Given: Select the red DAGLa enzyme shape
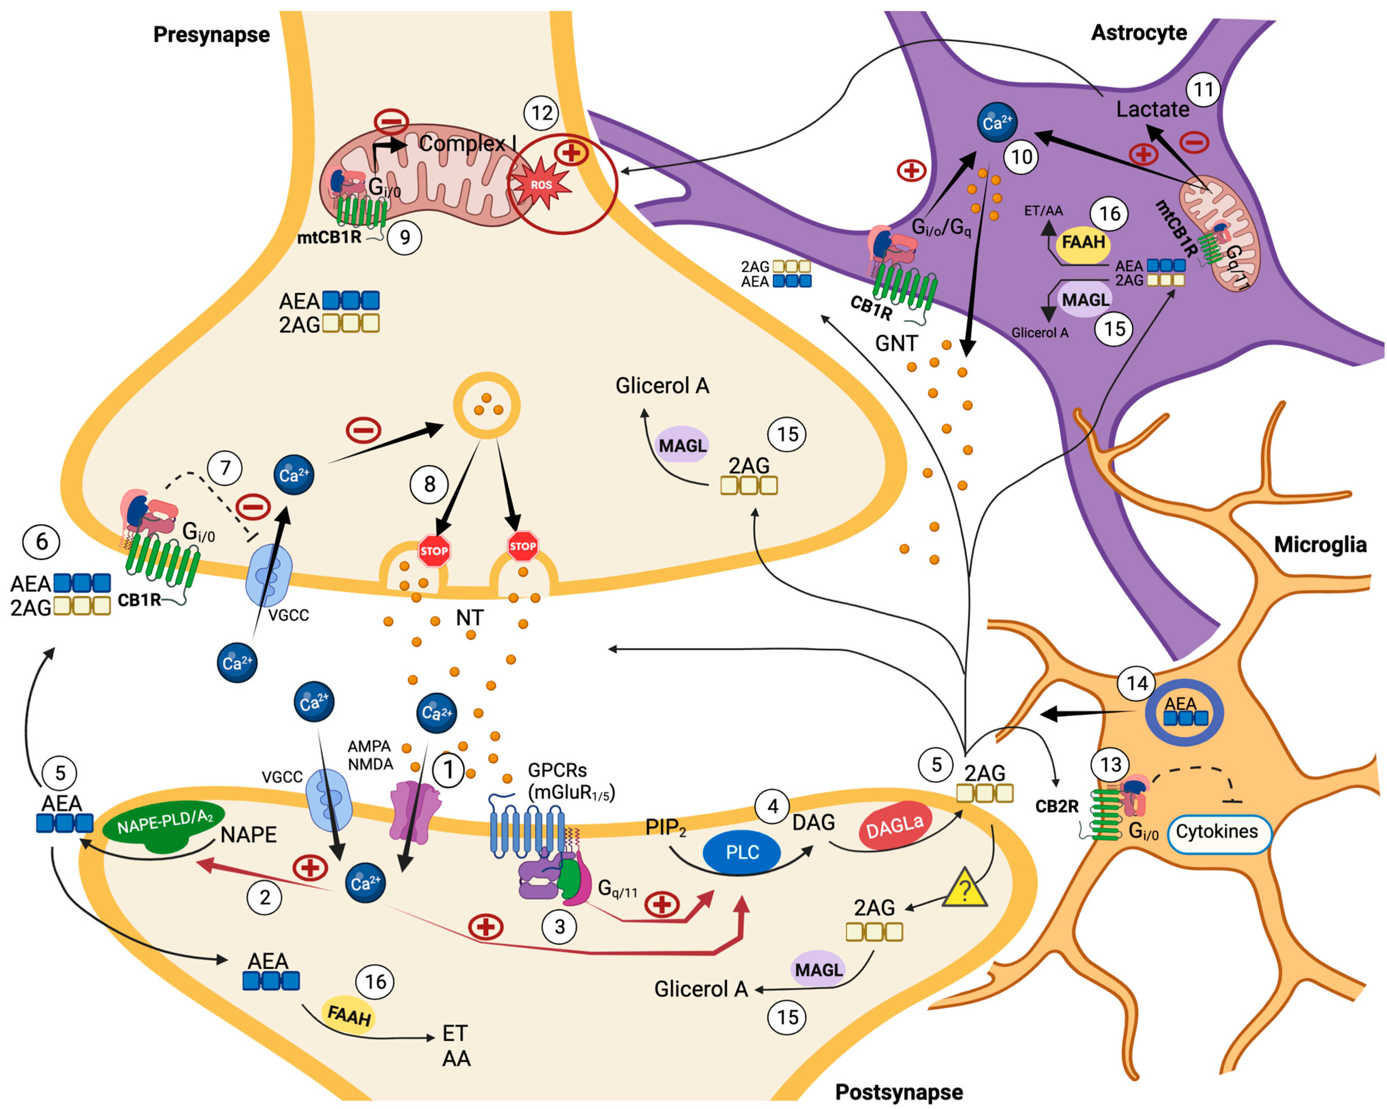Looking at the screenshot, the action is click(x=894, y=825).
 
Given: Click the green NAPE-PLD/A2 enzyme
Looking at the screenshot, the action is click(x=165, y=825).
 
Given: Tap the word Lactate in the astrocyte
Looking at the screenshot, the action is click(x=1152, y=109).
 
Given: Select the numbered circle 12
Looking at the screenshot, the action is click(x=542, y=113).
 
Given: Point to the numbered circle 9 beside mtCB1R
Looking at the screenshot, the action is click(x=405, y=238).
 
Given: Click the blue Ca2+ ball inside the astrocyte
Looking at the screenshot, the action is click(x=997, y=122).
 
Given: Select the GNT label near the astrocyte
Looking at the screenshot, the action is click(x=896, y=344).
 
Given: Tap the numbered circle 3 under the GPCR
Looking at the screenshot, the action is click(x=560, y=927).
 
